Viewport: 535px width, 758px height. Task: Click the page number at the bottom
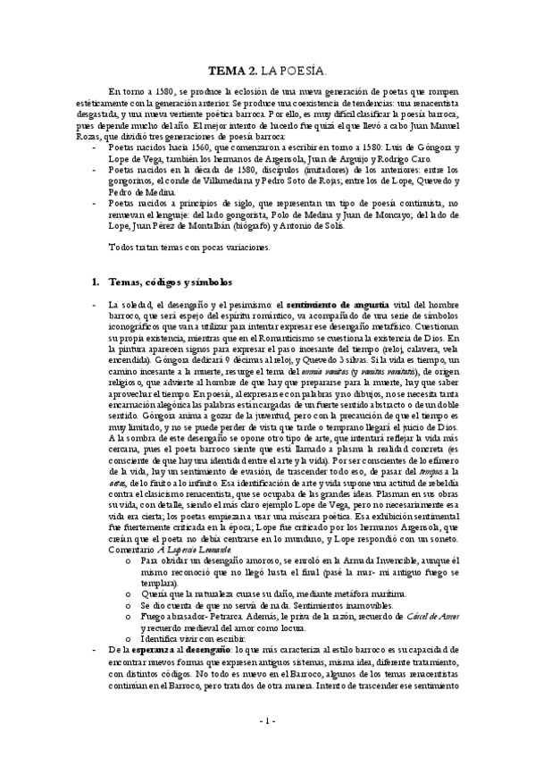[x=266, y=720]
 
